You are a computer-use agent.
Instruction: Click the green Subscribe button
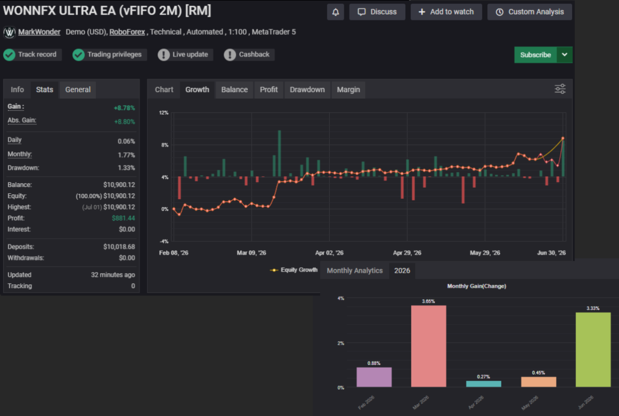535,55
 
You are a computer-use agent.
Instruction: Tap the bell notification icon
336,12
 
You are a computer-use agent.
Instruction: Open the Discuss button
377,12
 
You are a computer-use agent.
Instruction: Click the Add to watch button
446,12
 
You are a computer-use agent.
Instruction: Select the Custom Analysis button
530,12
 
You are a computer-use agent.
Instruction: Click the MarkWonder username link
39,32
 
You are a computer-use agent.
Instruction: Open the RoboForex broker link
127,32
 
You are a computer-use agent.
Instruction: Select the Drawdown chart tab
307,89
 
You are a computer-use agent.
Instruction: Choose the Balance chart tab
234,89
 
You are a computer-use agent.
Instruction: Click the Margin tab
348,89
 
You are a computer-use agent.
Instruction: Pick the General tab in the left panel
78,89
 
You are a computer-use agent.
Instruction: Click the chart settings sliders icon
560,89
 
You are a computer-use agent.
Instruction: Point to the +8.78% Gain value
124,108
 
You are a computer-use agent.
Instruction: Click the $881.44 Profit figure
123,218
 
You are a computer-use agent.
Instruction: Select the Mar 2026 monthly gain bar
428,346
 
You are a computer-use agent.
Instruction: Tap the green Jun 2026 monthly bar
593,350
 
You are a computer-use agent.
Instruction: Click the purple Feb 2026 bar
374,377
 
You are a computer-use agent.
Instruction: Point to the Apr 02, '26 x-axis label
329,252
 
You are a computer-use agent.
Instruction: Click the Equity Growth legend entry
294,270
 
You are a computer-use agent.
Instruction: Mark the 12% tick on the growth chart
164,113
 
